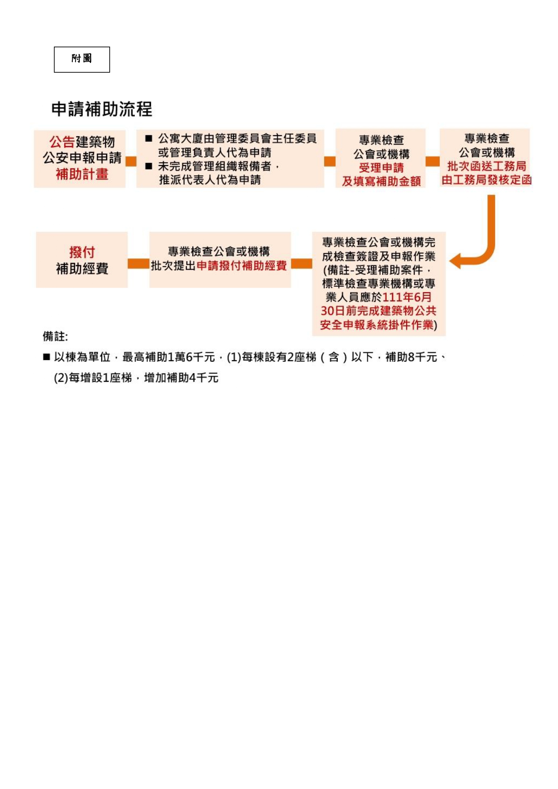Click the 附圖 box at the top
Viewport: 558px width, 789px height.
(82, 59)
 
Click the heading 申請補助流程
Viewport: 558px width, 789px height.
(102, 109)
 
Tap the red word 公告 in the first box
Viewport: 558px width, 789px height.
(62, 142)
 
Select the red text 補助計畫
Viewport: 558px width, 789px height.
(82, 174)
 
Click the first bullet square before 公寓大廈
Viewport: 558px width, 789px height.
(149, 138)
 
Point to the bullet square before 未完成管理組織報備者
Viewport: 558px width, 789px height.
(149, 166)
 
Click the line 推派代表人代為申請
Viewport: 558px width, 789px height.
(210, 180)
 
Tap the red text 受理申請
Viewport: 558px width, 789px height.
(381, 168)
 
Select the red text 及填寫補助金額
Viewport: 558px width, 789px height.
(381, 181)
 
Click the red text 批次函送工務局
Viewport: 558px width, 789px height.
(487, 166)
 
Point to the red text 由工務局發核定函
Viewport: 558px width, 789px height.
(487, 180)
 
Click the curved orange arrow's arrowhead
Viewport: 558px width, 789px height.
(455, 261)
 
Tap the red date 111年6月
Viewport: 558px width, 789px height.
(407, 297)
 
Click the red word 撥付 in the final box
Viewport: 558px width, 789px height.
(82, 252)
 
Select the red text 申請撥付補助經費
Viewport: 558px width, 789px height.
(241, 266)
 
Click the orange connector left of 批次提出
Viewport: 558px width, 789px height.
(138, 263)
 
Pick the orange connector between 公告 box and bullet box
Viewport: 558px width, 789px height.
(131, 161)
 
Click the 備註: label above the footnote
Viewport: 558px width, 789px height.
(55, 336)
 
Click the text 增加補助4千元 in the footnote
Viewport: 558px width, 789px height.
(181, 378)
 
